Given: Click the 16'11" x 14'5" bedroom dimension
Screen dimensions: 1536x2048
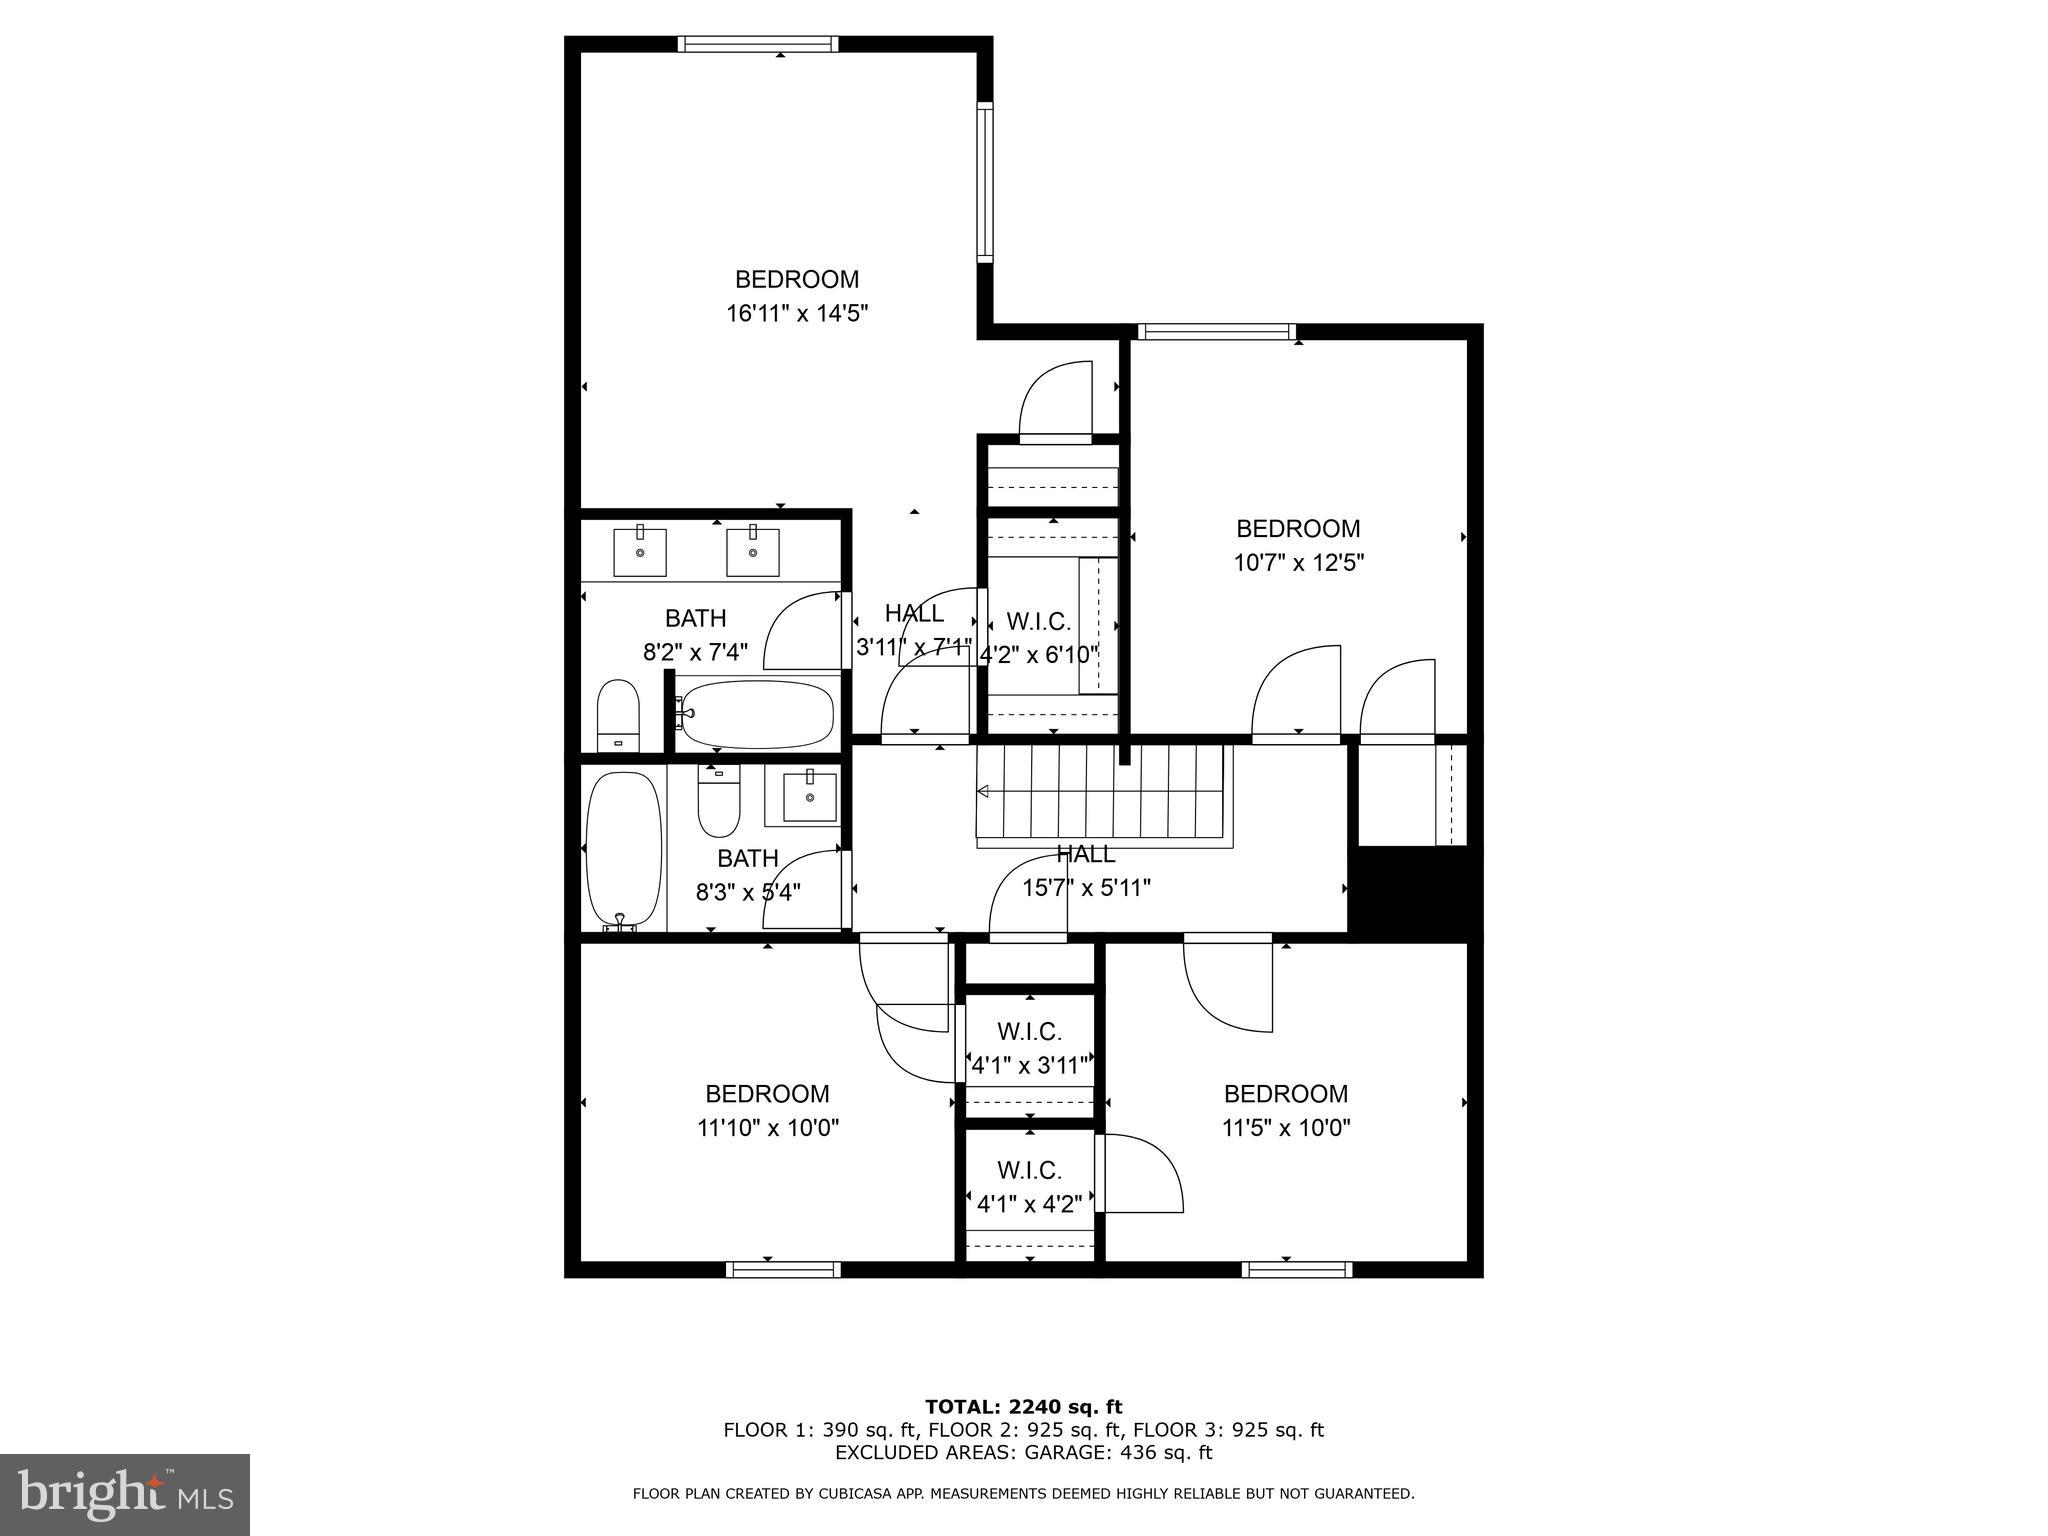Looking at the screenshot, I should [x=796, y=314].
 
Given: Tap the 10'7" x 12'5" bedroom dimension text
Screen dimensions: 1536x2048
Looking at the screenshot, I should [x=1298, y=563].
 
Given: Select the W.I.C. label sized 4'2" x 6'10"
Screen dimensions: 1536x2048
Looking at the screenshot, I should [x=1039, y=622].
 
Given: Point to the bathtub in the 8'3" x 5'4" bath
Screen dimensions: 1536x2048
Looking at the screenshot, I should [x=624, y=851].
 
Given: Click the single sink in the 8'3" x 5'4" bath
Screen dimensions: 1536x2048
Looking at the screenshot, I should [x=808, y=797].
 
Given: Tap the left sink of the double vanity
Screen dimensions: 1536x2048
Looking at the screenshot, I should [x=639, y=552].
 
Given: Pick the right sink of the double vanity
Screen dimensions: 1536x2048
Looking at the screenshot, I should [x=752, y=552].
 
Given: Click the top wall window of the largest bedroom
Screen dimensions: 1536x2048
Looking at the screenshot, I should [x=758, y=44].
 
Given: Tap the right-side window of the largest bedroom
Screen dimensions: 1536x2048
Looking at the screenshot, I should [x=985, y=182].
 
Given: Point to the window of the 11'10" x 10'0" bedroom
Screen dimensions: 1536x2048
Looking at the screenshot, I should [x=783, y=1269].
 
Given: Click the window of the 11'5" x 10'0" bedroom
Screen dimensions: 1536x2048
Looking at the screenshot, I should [x=1297, y=1269].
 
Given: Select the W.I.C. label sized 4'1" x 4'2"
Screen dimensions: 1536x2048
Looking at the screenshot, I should [x=1029, y=1170].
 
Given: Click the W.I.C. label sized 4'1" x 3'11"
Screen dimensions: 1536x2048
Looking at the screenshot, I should [x=1029, y=1031].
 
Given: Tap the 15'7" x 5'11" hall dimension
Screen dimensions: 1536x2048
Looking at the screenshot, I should [x=1086, y=887].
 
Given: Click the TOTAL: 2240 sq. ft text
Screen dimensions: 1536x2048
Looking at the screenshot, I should [x=1023, y=1407].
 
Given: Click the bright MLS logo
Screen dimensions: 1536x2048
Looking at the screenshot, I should [x=125, y=1494].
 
